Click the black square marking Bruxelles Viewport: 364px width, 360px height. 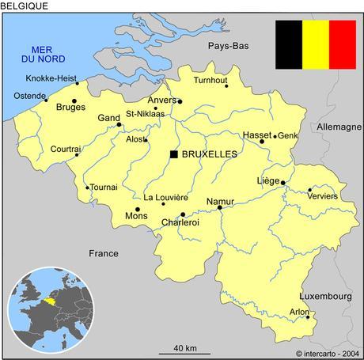pyautogui.click(x=173, y=153)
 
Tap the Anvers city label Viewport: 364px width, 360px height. pyautogui.click(x=161, y=100)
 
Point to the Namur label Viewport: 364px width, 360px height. pyautogui.click(x=220, y=201)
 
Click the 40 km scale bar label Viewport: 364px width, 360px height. pyautogui.click(x=185, y=348)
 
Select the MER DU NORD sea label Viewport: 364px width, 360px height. pyautogui.click(x=43, y=53)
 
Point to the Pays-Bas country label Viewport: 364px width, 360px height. pyautogui.click(x=229, y=47)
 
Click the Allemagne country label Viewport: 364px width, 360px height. pyautogui.click(x=339, y=127)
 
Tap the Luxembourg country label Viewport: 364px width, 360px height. pyautogui.click(x=325, y=296)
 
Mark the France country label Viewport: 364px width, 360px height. pyautogui.click(x=103, y=253)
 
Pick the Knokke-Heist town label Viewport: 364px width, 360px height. pyautogui.click(x=51, y=79)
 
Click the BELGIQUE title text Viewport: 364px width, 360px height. pyautogui.click(x=25, y=6)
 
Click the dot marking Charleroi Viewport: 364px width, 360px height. pyautogui.click(x=183, y=214)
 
